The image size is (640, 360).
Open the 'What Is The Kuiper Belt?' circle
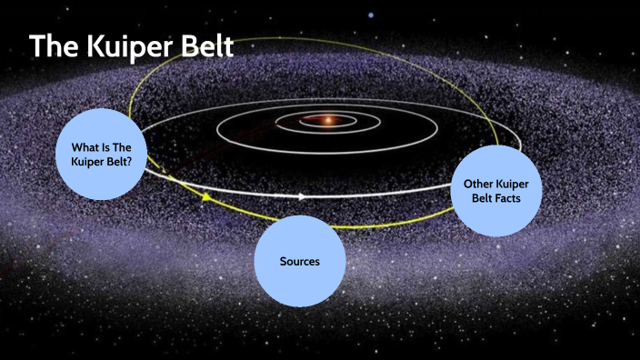pyautogui.click(x=101, y=154)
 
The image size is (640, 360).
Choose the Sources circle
pyautogui.click(x=299, y=261)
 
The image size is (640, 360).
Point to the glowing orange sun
pyautogui.click(x=325, y=120)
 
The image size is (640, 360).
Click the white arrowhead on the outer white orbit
pyautogui.click(x=303, y=195)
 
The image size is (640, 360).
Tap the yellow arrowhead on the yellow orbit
pyautogui.click(x=206, y=196)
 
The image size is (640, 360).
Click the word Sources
pyautogui.click(x=299, y=261)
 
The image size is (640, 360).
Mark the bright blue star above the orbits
pyautogui.click(x=370, y=15)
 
